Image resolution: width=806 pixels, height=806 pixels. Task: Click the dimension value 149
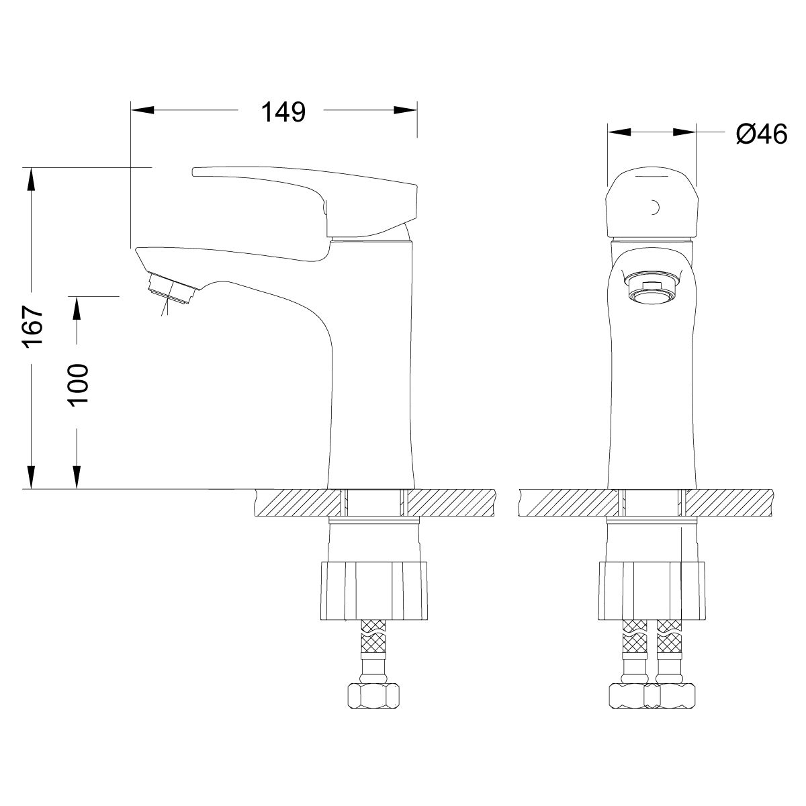[283, 112]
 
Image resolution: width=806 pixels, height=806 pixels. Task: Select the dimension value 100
[79, 384]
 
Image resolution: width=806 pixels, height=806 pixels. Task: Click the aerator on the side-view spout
[171, 288]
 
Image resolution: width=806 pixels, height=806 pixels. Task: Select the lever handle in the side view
[306, 201]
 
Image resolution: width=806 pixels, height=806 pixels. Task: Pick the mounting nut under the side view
[374, 591]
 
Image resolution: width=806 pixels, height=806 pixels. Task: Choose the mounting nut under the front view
[652, 591]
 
